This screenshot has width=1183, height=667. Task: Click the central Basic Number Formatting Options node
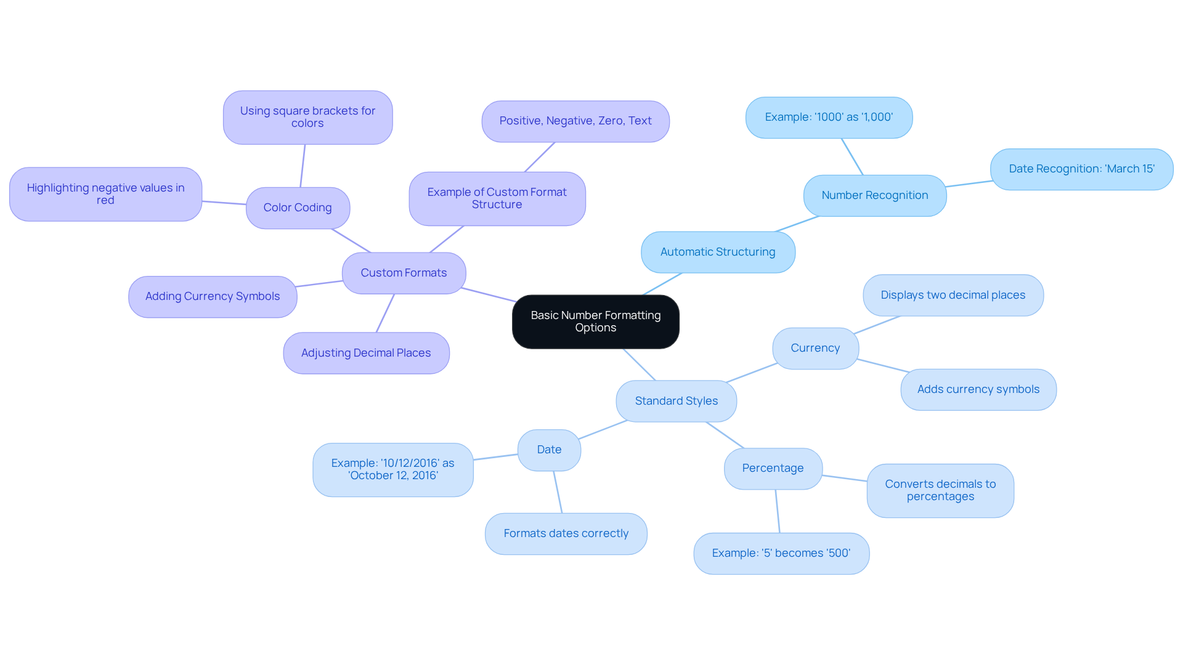(x=595, y=321)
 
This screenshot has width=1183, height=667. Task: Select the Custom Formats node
(x=404, y=273)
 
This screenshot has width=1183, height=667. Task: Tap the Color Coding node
(x=298, y=208)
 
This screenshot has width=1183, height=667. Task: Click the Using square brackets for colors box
(x=307, y=117)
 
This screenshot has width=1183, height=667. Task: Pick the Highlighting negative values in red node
(x=105, y=194)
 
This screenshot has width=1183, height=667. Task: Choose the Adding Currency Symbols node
(x=213, y=296)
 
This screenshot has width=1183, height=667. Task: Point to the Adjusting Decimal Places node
(x=366, y=353)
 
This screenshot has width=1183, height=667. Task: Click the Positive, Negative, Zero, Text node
(x=575, y=121)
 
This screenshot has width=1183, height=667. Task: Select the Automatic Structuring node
(x=718, y=252)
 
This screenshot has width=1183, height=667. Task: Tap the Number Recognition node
(x=874, y=195)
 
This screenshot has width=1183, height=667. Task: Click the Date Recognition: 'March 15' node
(x=1081, y=169)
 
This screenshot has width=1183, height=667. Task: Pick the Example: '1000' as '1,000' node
(x=829, y=117)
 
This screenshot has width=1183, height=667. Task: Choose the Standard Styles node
(x=676, y=401)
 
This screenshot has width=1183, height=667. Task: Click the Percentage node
(x=773, y=468)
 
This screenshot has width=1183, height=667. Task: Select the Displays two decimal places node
(x=953, y=295)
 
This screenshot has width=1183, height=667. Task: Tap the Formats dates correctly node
(x=566, y=533)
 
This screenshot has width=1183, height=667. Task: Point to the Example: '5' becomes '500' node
(x=781, y=553)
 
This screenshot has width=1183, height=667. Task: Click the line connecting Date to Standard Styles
(x=603, y=430)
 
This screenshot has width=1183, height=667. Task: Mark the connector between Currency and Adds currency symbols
(x=883, y=366)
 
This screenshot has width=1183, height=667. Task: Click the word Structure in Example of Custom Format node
(x=497, y=205)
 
